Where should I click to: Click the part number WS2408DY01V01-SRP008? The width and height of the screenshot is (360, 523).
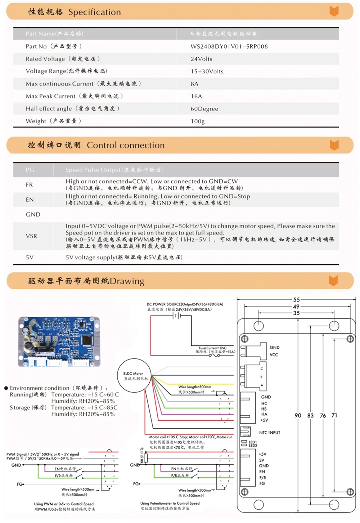coord(229,46)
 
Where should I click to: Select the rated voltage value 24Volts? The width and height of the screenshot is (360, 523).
coord(201,59)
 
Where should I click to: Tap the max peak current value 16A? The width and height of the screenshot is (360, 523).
coord(196,96)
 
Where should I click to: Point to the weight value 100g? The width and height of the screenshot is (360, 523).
coord(198,121)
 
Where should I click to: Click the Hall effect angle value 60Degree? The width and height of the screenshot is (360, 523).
coord(204,109)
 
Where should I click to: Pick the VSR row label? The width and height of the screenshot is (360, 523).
coord(31,236)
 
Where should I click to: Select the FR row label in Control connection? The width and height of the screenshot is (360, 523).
coord(29,185)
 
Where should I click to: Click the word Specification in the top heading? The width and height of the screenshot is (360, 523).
coord(94,12)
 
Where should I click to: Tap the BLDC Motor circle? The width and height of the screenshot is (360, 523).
coord(134,375)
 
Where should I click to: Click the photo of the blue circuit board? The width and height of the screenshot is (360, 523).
coord(59,341)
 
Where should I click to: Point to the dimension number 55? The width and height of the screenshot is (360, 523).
coord(296,300)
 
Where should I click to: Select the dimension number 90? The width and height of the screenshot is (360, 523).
coord(298,415)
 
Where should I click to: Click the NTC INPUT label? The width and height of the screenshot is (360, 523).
coord(269,433)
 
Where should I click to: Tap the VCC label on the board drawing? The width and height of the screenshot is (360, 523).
coord(274,355)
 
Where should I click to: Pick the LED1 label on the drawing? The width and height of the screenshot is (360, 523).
coord(253,442)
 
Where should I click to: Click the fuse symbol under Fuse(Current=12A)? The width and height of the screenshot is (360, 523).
coord(215,356)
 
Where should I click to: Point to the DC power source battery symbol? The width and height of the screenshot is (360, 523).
coord(177,316)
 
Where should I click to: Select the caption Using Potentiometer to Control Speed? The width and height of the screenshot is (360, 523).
coord(170,503)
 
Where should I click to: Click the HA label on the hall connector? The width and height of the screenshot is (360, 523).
coord(264,414)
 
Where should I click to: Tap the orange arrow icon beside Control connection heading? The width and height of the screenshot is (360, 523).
coord(334,145)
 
